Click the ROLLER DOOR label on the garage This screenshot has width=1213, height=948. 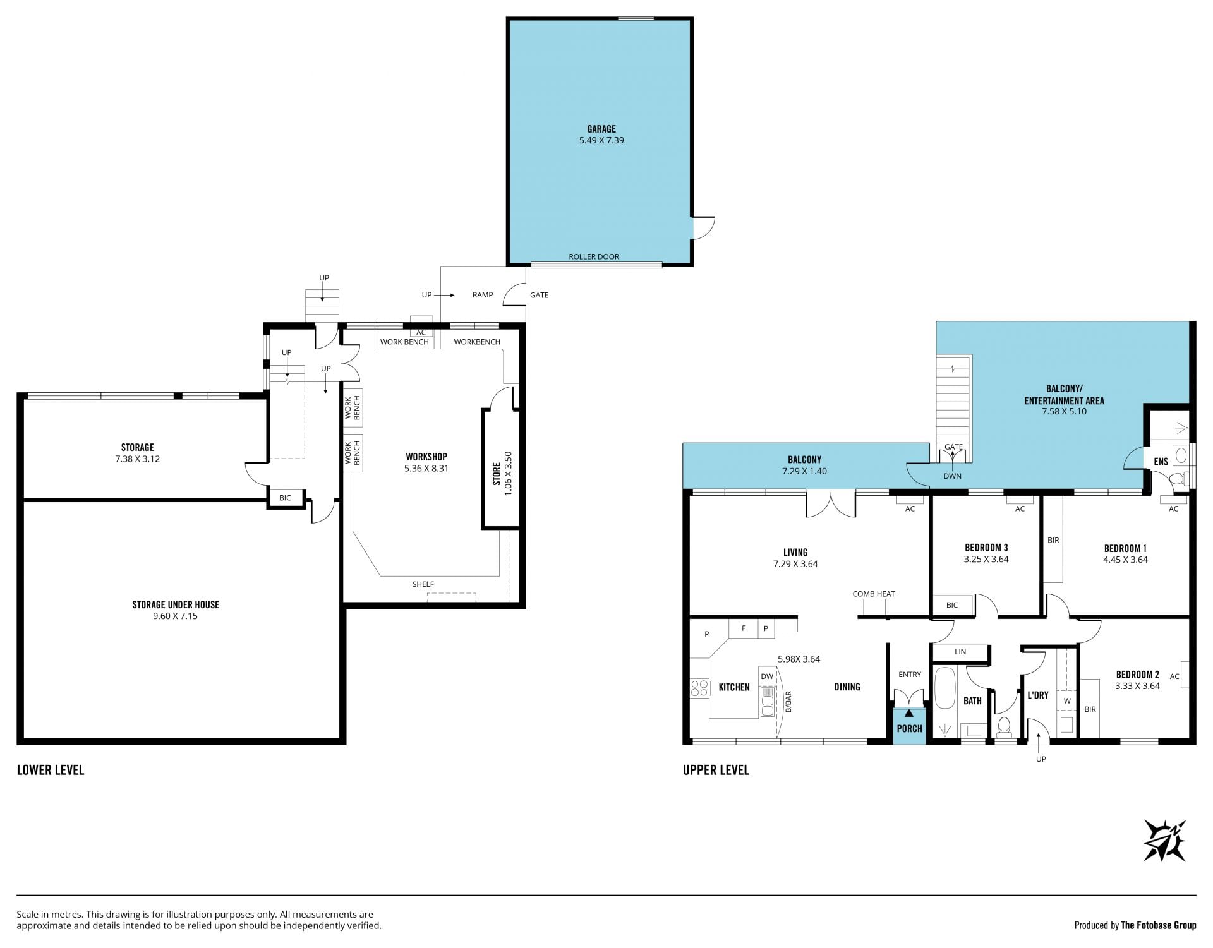(x=594, y=256)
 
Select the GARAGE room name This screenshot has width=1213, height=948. (x=601, y=129)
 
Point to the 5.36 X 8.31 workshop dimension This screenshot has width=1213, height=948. (x=426, y=468)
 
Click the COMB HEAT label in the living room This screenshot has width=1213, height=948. (x=874, y=594)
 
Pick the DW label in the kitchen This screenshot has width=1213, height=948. (x=767, y=676)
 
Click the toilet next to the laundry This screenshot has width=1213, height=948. (x=1004, y=726)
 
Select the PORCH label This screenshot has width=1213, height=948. (x=909, y=728)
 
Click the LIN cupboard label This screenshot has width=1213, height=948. (x=960, y=651)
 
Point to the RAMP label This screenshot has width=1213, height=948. (x=483, y=295)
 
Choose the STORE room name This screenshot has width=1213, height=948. (x=497, y=474)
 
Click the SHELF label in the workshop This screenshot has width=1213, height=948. (x=423, y=584)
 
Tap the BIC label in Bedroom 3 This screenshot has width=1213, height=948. (x=952, y=605)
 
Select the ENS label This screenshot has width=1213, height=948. (x=1161, y=462)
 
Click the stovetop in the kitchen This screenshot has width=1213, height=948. (x=699, y=688)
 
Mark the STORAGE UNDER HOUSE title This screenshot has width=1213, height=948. (x=176, y=604)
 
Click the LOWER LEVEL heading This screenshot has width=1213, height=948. (x=51, y=770)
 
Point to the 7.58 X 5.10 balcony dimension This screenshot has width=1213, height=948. (x=1064, y=411)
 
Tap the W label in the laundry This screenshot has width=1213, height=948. (x=1067, y=700)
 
